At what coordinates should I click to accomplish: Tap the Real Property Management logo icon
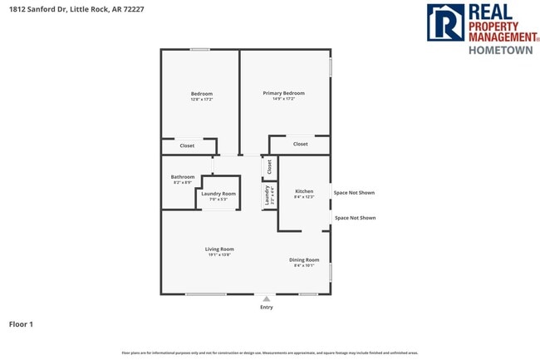tap(444, 22)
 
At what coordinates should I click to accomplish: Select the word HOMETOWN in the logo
tap(500, 50)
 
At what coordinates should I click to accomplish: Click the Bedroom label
tap(202, 93)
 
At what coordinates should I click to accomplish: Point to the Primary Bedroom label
tap(283, 92)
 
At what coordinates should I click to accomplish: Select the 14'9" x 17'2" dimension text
tap(283, 99)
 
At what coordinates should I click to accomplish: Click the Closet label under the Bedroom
tap(187, 145)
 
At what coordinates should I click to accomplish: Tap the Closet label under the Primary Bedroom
tap(300, 144)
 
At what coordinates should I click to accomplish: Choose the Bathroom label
tap(183, 176)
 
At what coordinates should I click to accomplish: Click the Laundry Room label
tap(218, 193)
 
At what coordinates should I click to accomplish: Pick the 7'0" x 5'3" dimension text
tap(218, 200)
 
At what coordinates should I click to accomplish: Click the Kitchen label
tap(304, 190)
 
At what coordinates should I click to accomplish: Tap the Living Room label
tap(219, 249)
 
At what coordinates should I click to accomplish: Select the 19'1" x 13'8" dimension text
tap(219, 255)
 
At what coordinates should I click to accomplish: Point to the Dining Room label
tap(304, 259)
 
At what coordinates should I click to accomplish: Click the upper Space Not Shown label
tap(354, 192)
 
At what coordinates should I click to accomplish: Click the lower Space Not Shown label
tap(355, 218)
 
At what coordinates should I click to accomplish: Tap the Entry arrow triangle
tap(266, 298)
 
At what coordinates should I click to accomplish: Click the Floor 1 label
tap(21, 323)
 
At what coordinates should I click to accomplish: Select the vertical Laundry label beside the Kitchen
tap(268, 195)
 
